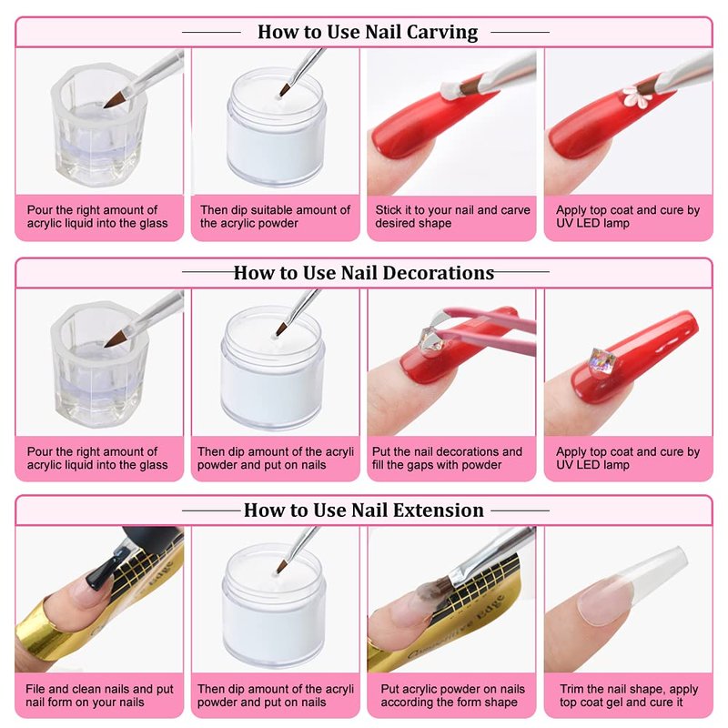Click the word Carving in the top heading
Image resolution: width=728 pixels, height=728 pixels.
[442, 33]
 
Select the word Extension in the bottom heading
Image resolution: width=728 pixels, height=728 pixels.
[439, 510]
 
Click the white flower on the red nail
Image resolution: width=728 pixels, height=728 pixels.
[634, 97]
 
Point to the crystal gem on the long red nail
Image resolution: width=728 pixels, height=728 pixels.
[601, 360]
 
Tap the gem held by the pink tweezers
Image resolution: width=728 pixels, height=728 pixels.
[430, 341]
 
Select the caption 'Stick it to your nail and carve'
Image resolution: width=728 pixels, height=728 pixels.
[452, 210]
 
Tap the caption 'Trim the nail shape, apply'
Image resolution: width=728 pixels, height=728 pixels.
[629, 689]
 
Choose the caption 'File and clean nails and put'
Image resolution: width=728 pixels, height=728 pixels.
[100, 689]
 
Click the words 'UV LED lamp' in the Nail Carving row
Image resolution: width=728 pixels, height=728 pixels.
[592, 223]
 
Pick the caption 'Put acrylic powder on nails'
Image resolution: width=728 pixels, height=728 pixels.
[452, 689]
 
